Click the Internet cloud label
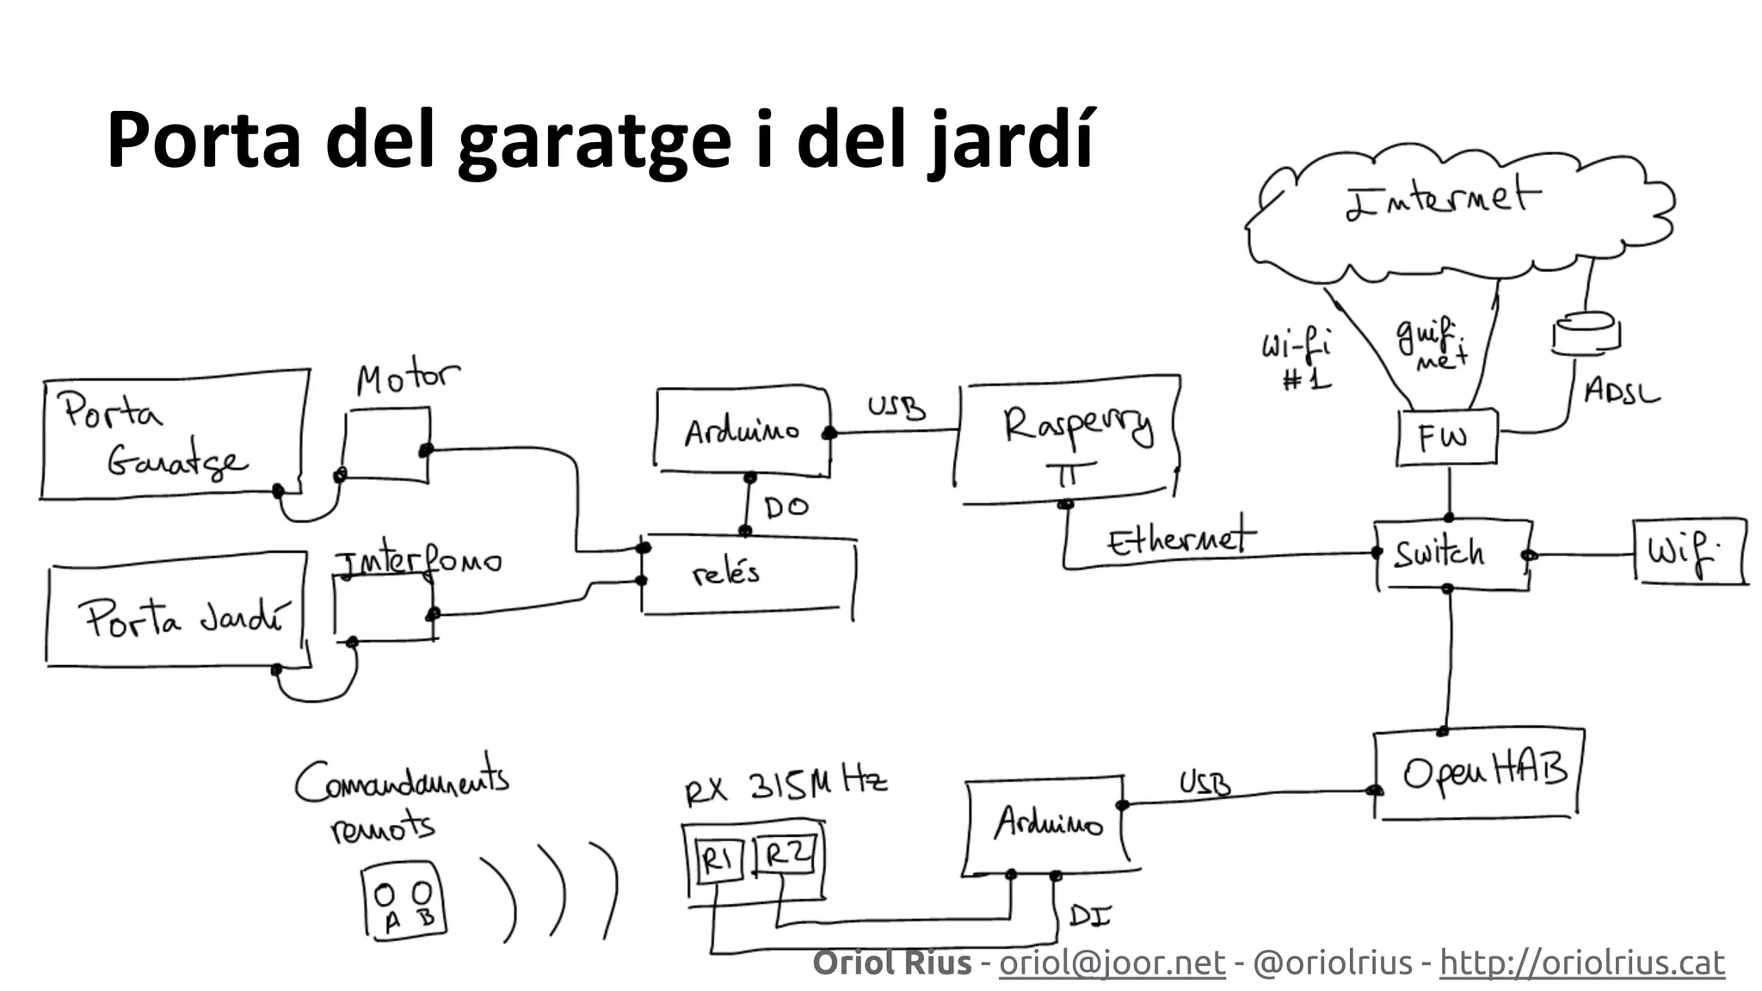click(x=1442, y=200)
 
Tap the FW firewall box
click(x=1446, y=438)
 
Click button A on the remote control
click(x=385, y=896)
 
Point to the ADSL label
click(x=1621, y=393)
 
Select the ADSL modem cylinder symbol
click(x=1585, y=333)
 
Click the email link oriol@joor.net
click(x=1112, y=963)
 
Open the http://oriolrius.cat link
click(x=1581, y=963)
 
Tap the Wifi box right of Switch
click(x=1688, y=552)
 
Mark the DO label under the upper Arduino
click(x=786, y=508)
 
